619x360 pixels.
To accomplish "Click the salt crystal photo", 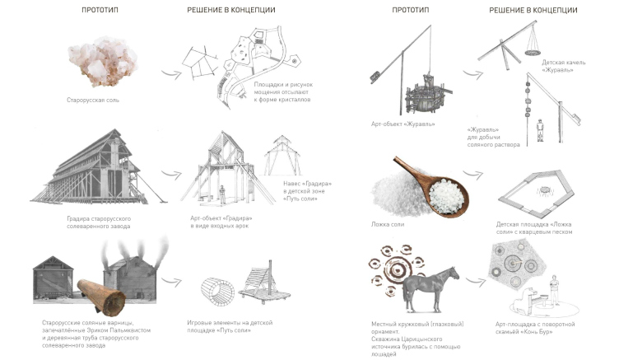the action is (103, 61).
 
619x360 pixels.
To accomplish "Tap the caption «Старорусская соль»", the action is (93, 100).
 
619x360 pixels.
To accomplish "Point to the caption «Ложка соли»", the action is (387, 224).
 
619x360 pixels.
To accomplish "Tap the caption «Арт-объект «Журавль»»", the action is (403, 124).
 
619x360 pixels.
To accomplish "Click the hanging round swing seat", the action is (533, 52).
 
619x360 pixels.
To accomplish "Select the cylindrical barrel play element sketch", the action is (217, 292).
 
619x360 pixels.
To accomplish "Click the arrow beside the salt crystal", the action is (171, 73).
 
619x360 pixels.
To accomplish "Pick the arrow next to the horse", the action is (476, 282).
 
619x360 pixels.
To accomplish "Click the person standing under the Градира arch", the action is (222, 194).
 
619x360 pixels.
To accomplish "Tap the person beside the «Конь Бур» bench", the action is (555, 290).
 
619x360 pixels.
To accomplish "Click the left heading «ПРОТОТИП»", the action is (100, 10).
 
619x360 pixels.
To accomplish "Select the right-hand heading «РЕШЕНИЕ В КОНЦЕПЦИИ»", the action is (533, 10).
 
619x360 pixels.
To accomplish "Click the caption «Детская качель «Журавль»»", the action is (563, 66).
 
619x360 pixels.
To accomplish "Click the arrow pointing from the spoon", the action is (473, 175).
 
